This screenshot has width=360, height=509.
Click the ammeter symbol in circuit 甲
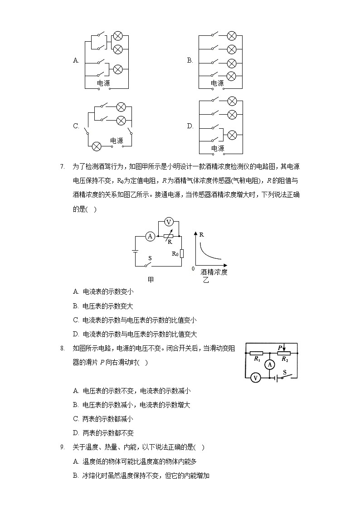(x=150, y=236)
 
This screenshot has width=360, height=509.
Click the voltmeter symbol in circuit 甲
(x=169, y=222)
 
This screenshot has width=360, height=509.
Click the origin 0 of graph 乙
(x=193, y=269)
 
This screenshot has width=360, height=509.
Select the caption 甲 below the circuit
(x=151, y=280)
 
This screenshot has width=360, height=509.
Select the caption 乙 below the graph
(x=206, y=281)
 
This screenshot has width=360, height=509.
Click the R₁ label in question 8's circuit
(x=257, y=359)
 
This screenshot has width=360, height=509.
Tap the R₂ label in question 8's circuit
(x=285, y=359)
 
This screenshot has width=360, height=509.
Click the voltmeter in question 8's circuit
(x=255, y=378)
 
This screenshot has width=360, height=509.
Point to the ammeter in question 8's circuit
(x=270, y=365)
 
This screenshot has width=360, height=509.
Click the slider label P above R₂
(x=280, y=348)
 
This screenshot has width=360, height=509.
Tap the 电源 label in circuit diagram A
(x=103, y=83)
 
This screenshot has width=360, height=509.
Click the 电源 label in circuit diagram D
(x=218, y=148)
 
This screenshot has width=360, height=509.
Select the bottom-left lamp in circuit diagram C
(x=97, y=146)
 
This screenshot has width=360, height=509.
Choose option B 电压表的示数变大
(x=103, y=306)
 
